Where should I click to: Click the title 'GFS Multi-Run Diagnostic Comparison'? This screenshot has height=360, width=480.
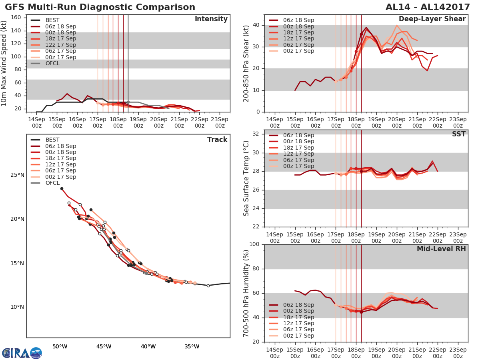click(100, 7)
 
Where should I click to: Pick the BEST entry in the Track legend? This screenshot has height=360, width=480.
click(52, 140)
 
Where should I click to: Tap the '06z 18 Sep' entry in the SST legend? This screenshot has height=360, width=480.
click(298, 135)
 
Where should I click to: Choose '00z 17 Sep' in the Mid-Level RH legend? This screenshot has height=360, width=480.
click(298, 336)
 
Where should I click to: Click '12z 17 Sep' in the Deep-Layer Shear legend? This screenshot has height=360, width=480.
click(298, 38)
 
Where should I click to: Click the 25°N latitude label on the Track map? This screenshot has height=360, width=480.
click(17, 175)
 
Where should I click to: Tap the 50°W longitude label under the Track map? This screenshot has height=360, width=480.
click(60, 346)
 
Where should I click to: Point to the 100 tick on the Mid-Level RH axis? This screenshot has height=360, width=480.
click(255, 244)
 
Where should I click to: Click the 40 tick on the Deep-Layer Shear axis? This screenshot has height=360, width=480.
click(256, 25)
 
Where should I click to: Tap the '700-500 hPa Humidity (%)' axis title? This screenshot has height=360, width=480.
click(246, 293)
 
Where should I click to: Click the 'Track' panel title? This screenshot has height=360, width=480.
click(217, 140)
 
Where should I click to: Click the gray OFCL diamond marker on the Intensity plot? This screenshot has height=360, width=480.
click(128, 102)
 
